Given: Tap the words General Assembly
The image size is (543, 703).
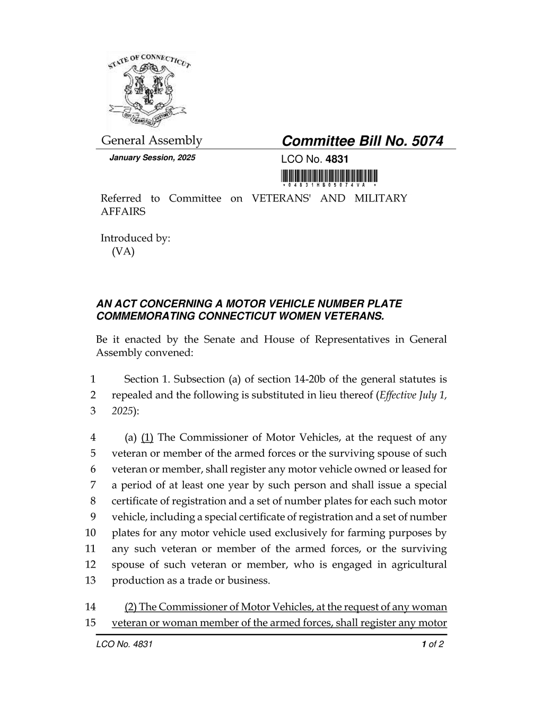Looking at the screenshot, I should [x=152, y=141].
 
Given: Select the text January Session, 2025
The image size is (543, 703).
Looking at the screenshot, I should [x=152, y=158].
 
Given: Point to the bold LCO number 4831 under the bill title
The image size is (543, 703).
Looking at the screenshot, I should [x=337, y=159].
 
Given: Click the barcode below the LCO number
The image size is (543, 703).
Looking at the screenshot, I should [x=329, y=176].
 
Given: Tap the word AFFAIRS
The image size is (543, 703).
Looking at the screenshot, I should [x=123, y=211].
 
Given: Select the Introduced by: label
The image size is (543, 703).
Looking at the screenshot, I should [x=135, y=238].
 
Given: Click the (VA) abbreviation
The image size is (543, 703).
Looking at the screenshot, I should [x=123, y=251].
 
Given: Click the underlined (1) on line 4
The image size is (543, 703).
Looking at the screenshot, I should [x=147, y=438].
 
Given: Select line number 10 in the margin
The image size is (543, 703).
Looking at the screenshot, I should [x=90, y=533].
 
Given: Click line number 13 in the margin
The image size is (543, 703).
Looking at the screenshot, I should [x=90, y=580].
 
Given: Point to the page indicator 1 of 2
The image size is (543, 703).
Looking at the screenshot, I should [x=432, y=645].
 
